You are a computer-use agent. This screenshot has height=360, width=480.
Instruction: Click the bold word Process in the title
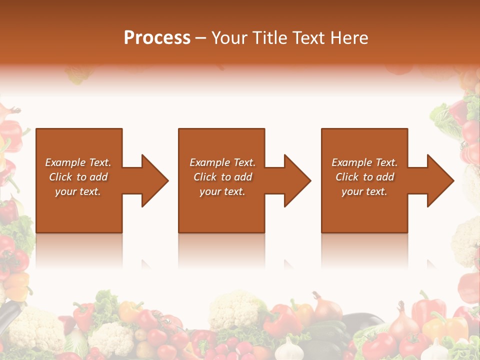[x=157, y=38]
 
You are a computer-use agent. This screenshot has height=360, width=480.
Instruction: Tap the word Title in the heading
[x=272, y=38]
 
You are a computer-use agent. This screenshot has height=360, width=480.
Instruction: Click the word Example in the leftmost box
[x=65, y=162]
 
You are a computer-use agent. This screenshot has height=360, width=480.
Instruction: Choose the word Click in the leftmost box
[x=61, y=177]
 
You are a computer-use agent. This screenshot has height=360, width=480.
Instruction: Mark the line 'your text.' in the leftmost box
[x=78, y=191]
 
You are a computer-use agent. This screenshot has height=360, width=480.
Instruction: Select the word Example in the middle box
[x=209, y=162]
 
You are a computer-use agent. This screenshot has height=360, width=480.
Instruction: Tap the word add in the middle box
[x=243, y=177]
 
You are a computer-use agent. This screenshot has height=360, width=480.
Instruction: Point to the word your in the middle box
[x=210, y=191]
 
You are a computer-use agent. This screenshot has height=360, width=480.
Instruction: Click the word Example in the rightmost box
[x=351, y=162]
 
